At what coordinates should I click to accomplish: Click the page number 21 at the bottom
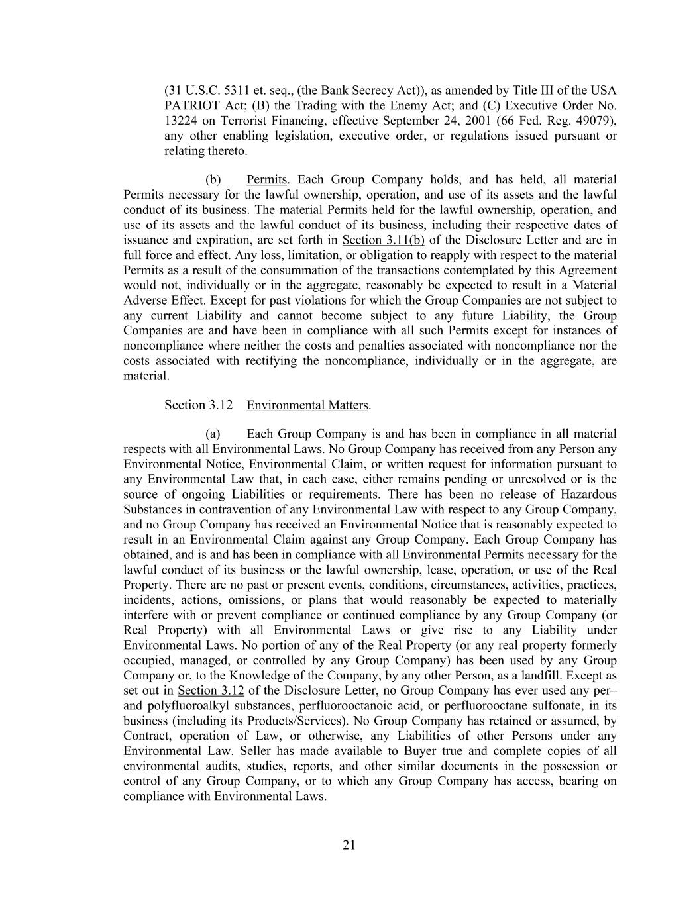point(349,844)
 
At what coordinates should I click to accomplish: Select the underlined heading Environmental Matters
point(308,405)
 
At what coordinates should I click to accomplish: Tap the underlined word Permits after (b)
point(266,179)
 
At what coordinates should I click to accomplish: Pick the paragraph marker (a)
point(213,434)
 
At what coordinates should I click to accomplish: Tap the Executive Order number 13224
point(179,121)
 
